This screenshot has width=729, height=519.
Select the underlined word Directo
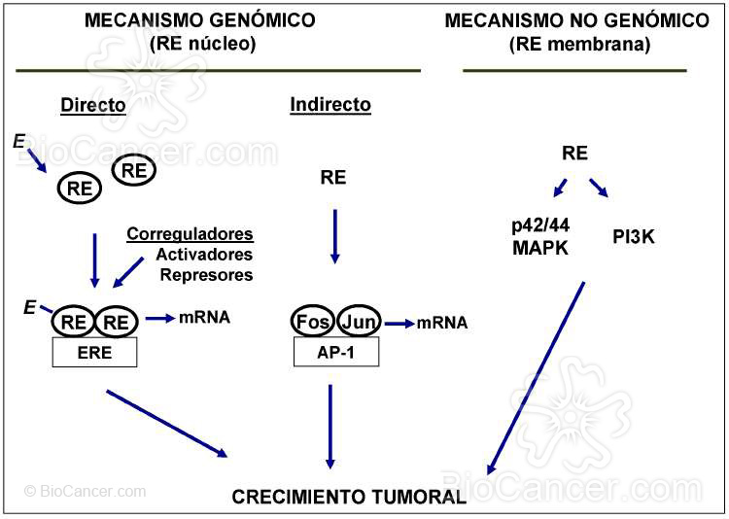[x=93, y=105]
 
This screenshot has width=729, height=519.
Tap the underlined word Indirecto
[x=330, y=104]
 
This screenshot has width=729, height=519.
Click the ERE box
[x=94, y=353]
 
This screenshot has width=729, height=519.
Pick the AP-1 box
[x=335, y=353]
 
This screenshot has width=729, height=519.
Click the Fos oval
[x=313, y=321]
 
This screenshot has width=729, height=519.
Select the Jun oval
[x=358, y=321]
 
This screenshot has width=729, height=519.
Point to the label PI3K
[x=634, y=234]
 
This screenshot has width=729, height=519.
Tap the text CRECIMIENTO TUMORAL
[x=349, y=498]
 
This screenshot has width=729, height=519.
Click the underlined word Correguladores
[x=191, y=234]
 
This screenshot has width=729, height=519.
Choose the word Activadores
[x=204, y=255]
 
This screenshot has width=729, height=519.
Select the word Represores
[x=207, y=275]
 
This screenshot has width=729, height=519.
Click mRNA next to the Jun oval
[x=442, y=323]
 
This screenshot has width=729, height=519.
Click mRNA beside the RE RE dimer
[x=204, y=317]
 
